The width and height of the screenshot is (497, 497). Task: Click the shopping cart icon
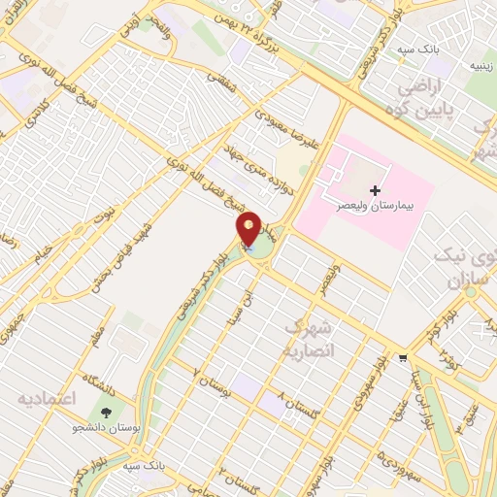click(x=403, y=356)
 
